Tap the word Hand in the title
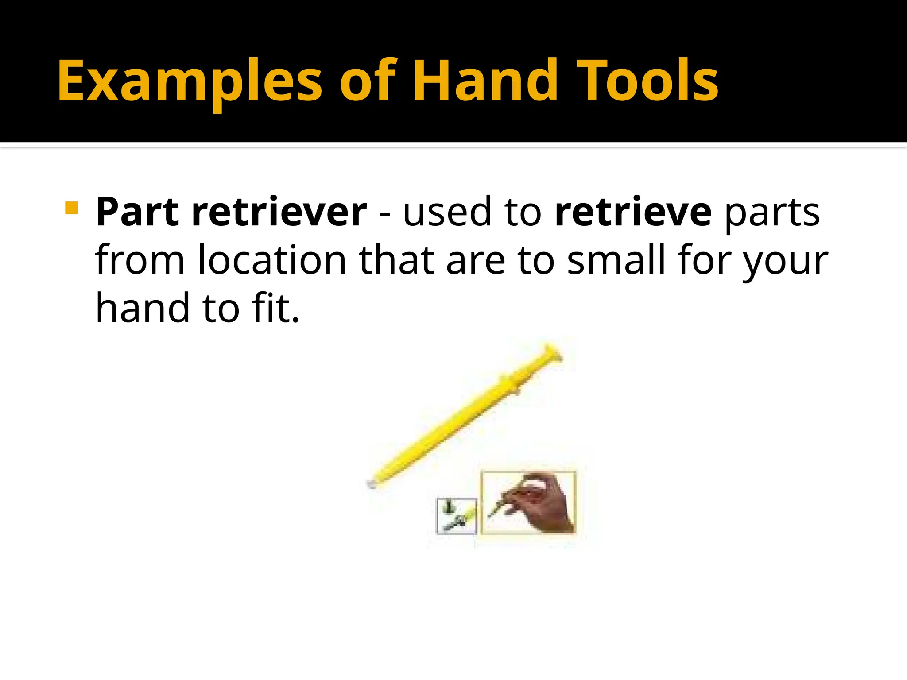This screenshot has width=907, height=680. tap(485, 81)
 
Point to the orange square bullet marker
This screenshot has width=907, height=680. tap(71, 208)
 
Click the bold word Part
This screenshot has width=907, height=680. tap(137, 212)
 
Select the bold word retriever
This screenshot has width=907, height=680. tap(279, 212)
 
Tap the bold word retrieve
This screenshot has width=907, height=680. tap(633, 212)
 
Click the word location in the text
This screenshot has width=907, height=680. tap(271, 260)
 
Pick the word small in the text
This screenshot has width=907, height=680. tap(616, 260)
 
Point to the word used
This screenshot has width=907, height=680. tap(447, 212)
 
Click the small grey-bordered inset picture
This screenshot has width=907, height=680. tap(456, 516)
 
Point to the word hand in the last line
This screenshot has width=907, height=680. tap(143, 308)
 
